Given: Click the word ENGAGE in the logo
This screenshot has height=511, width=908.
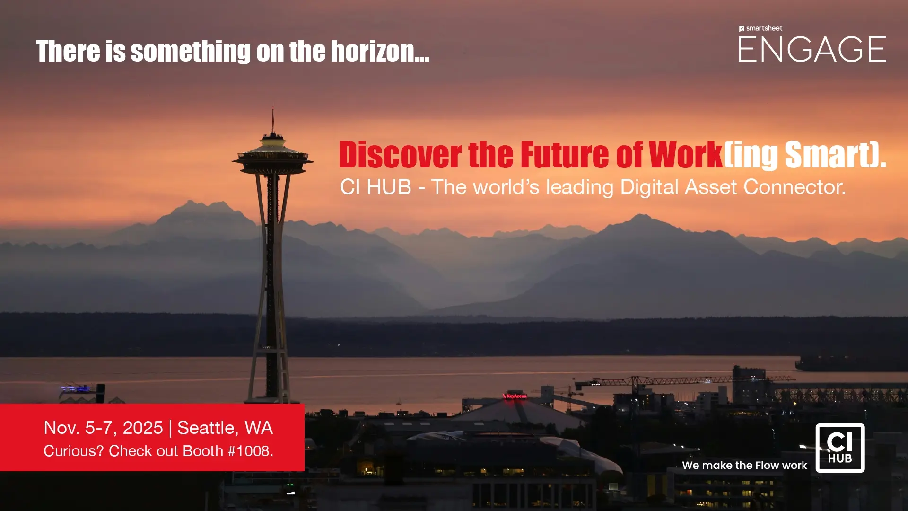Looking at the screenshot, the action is [x=812, y=49].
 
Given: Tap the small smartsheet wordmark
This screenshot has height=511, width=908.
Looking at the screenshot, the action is [x=761, y=28].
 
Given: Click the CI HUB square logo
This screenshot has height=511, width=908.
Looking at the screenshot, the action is [x=840, y=448].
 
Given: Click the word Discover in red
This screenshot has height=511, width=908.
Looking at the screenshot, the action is [x=400, y=155].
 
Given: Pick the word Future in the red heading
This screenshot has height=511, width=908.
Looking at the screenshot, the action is [x=565, y=155].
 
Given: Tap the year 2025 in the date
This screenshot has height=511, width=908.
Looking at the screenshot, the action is [x=143, y=428].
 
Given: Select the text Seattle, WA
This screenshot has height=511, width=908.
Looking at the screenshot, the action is [x=225, y=428].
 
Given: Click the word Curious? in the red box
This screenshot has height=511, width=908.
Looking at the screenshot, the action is [x=73, y=451].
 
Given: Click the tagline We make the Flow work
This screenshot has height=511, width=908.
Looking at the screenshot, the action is [x=744, y=466].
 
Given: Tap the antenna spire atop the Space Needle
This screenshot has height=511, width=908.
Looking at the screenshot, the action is [x=272, y=120].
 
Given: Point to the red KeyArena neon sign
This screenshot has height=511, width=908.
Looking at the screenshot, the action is [x=515, y=396].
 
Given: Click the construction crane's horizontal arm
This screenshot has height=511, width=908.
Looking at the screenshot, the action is [x=686, y=380].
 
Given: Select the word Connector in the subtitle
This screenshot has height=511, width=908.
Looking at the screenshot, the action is [x=794, y=187].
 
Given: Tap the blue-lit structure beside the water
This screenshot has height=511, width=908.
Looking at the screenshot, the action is [x=76, y=389].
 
